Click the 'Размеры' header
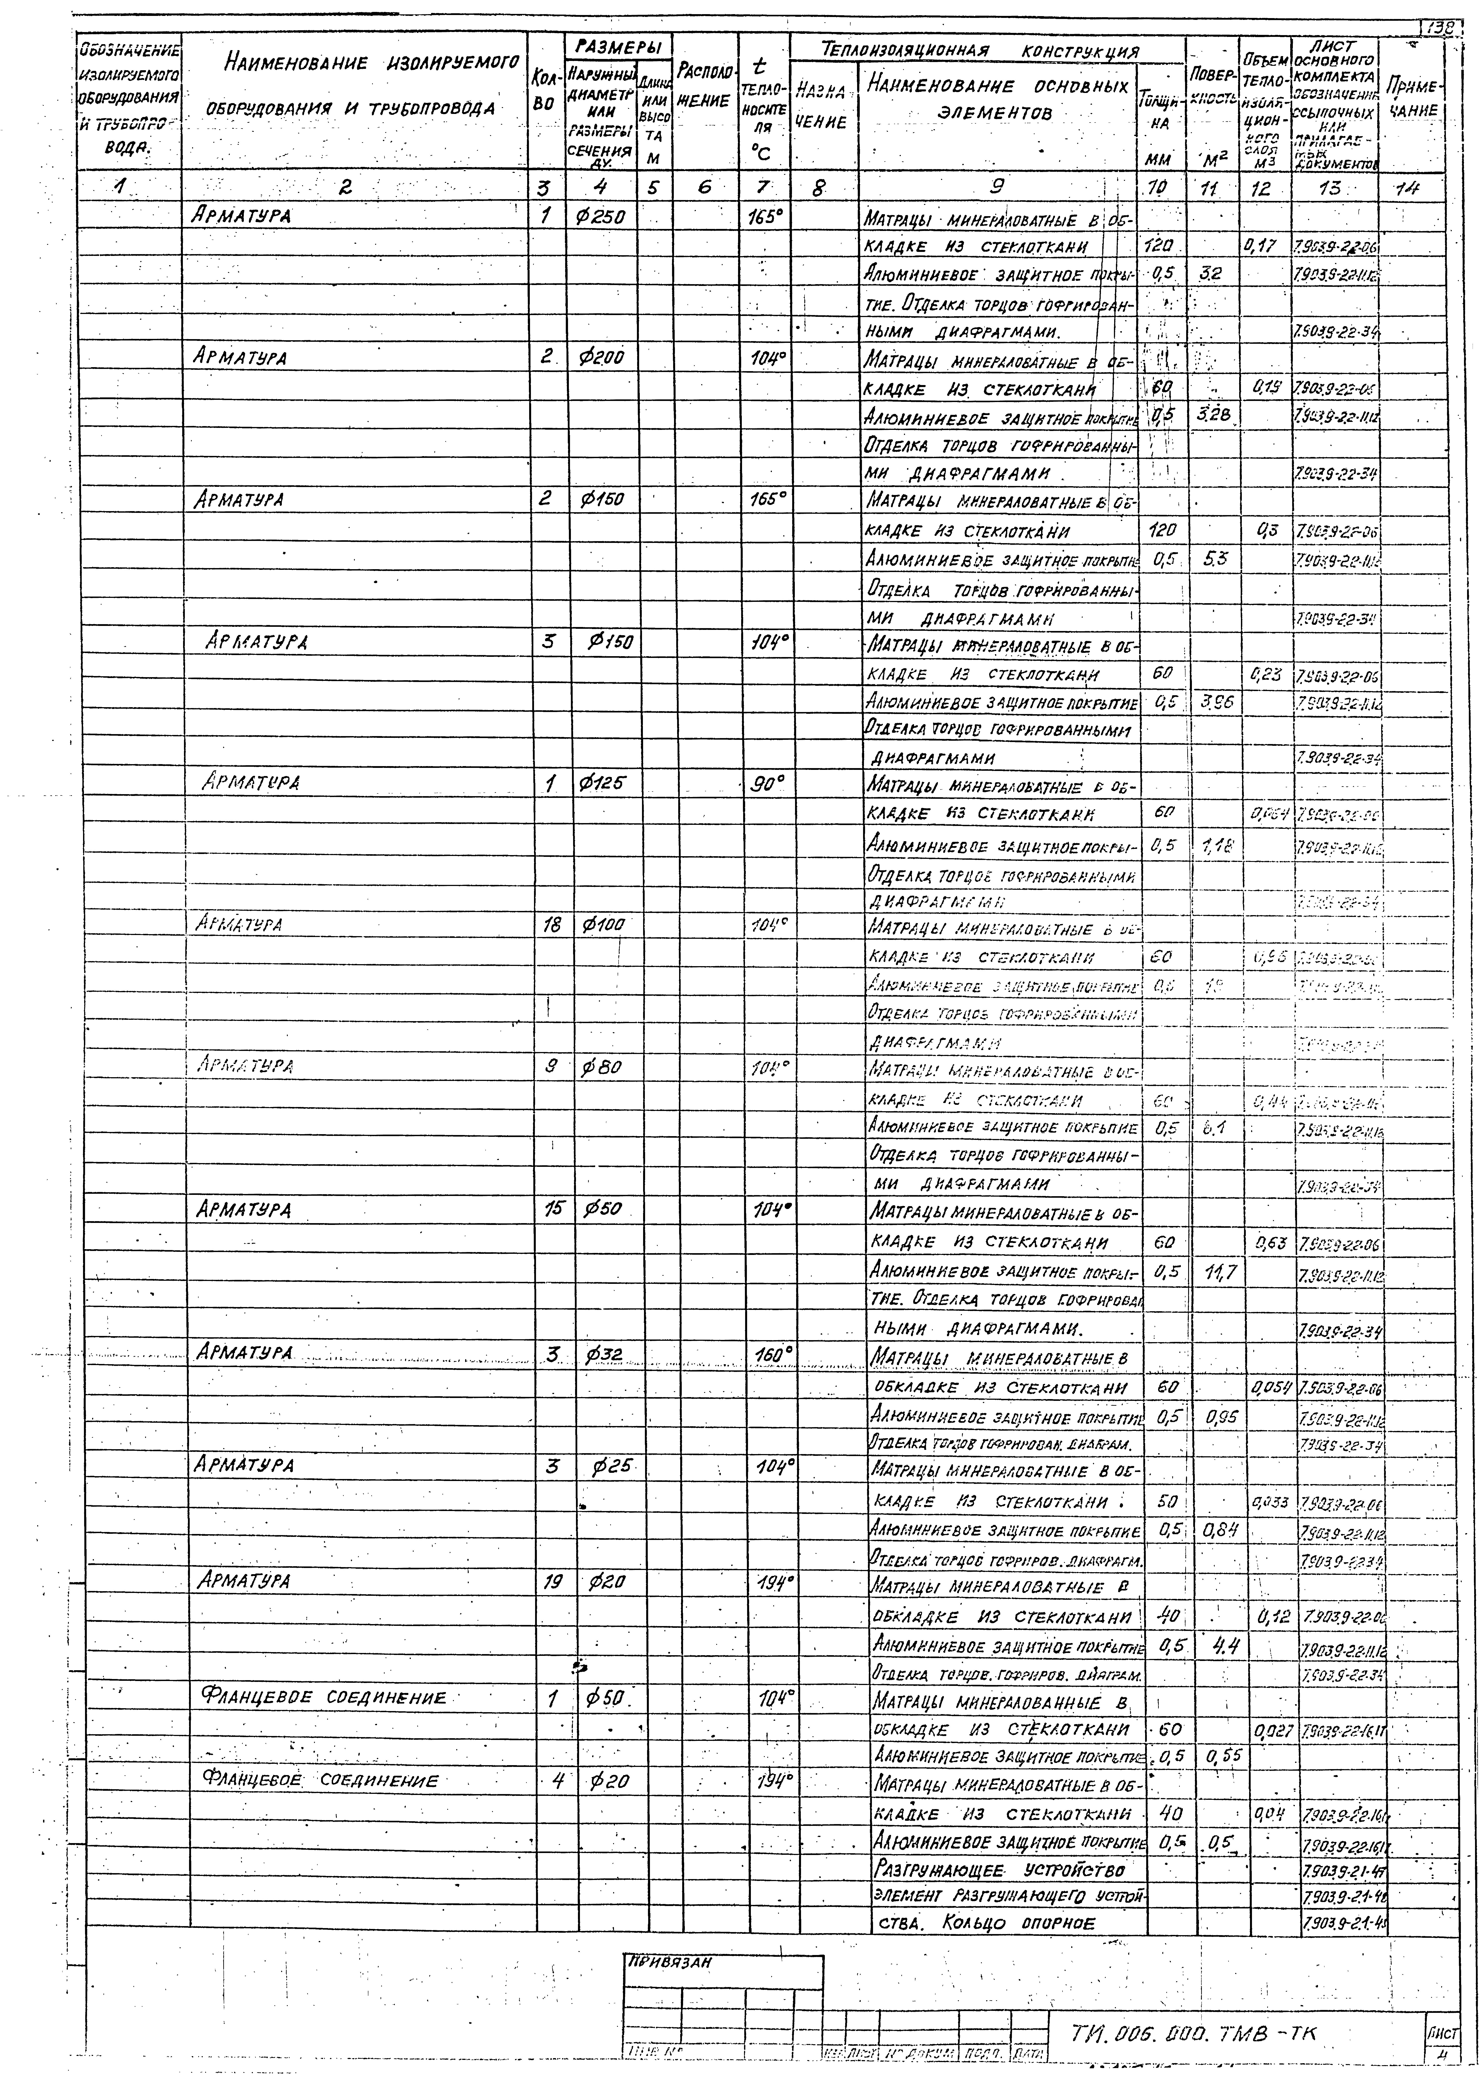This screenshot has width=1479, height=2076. (x=619, y=45)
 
